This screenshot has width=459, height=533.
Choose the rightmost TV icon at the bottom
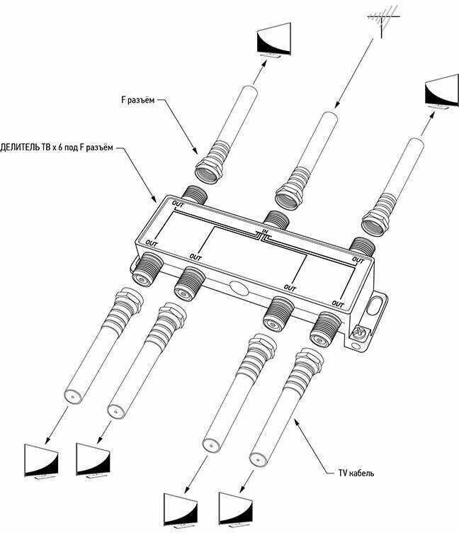[x=236, y=507]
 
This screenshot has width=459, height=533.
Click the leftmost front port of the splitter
[x=147, y=269]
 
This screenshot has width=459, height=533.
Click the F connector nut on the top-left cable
[x=210, y=166]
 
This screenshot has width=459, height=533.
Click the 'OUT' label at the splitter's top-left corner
[x=178, y=206]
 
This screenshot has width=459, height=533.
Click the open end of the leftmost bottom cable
[x=69, y=398]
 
